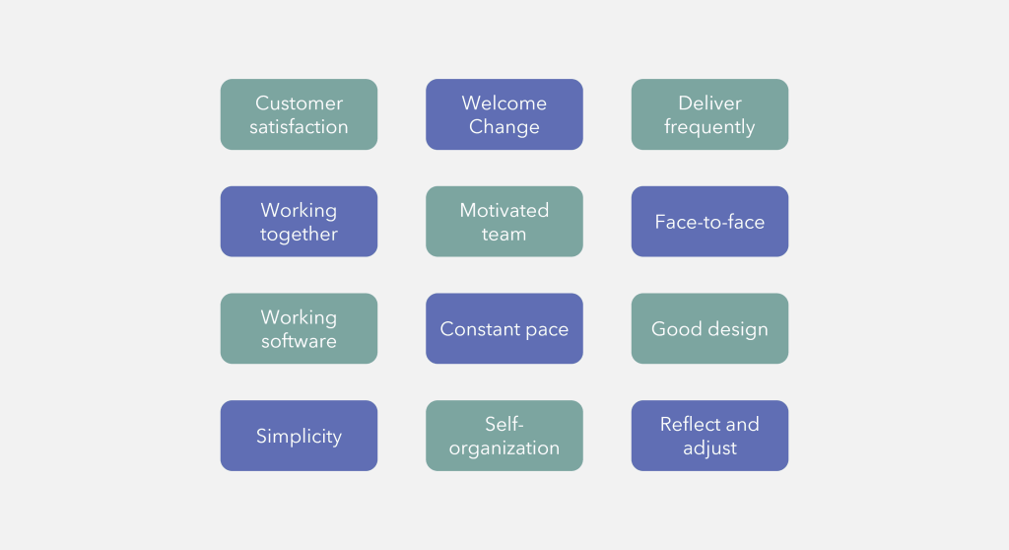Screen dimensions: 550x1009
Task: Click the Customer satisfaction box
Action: [299, 114]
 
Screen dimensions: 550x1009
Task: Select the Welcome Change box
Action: [504, 114]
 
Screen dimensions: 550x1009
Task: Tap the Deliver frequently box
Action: [709, 114]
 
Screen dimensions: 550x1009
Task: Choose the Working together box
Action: [299, 222]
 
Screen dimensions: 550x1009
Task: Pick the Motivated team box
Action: [504, 222]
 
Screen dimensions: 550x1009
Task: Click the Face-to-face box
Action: [709, 222]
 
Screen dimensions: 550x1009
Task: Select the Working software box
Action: [299, 328]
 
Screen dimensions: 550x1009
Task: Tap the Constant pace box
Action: [504, 329]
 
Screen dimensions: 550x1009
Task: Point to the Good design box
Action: [709, 329]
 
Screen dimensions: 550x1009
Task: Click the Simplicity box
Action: [299, 436]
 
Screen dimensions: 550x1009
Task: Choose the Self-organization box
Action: [504, 436]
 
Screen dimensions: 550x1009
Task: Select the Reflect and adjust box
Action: [709, 436]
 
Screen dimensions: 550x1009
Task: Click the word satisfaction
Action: [299, 127]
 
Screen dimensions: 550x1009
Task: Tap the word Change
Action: [504, 127]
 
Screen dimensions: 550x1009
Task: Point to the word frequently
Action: [709, 127]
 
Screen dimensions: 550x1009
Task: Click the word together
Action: [299, 235]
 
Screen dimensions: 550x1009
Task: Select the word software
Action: [299, 341]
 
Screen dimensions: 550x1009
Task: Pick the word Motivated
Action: [504, 210]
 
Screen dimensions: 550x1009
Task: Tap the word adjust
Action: [709, 448]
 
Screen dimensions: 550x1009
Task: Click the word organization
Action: [504, 448]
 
